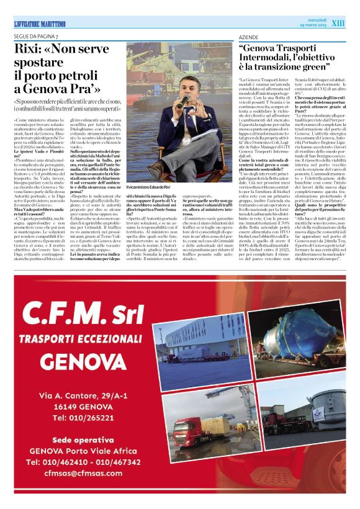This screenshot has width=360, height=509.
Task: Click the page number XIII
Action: (x=338, y=23)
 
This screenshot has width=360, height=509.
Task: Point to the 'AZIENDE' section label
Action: (x=247, y=37)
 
